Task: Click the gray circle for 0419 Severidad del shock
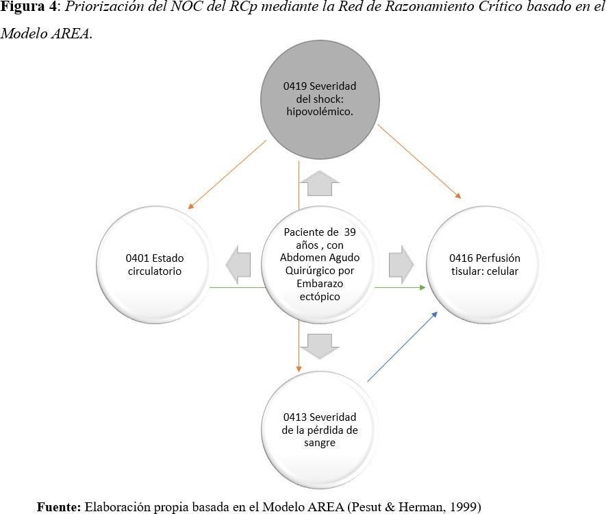point(320,99)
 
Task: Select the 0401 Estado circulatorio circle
point(155,265)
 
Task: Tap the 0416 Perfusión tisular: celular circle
point(485,265)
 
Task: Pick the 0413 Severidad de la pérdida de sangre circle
point(320,430)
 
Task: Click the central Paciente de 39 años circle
point(320,265)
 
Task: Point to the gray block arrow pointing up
point(320,183)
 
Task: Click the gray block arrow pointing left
point(238,265)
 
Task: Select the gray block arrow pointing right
point(401,265)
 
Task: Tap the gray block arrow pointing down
point(320,347)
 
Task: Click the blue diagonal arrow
point(403,347)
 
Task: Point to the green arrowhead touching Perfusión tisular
point(422,287)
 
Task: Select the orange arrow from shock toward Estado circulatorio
point(227,175)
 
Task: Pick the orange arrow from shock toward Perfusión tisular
point(419,162)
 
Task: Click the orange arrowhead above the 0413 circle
point(299,369)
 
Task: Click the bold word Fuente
point(59,506)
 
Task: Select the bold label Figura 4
point(29,7)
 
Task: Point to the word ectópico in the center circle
point(320,297)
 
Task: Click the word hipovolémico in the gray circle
point(320,112)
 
